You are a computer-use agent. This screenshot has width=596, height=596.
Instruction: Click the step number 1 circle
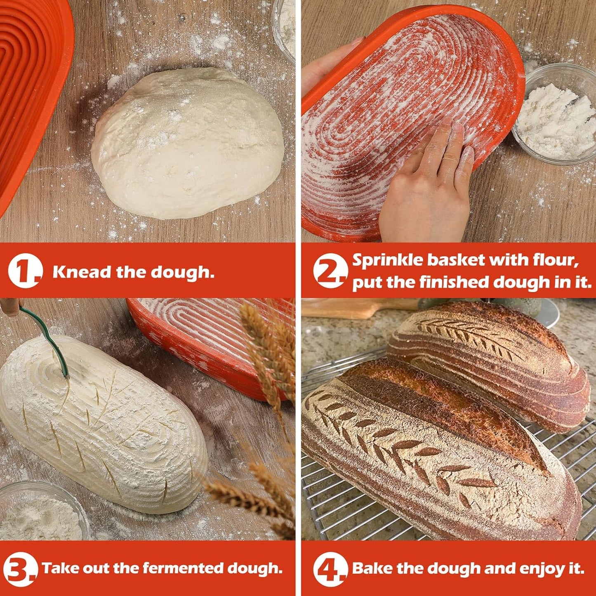click(25, 271)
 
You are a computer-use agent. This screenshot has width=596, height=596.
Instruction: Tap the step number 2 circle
click(330, 271)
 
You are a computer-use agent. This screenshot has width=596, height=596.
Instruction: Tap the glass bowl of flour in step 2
click(554, 113)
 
